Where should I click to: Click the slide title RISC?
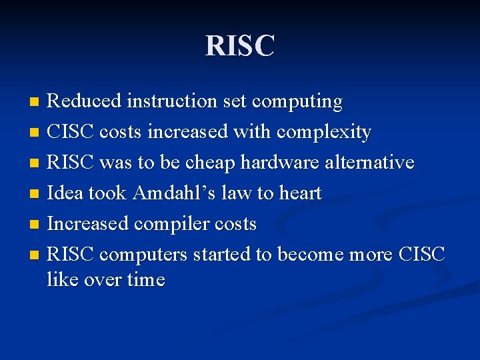pyautogui.click(x=240, y=46)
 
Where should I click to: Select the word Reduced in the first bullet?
pyautogui.click(x=85, y=101)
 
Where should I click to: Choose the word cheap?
pyautogui.click(x=211, y=163)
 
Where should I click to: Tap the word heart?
pyautogui.click(x=299, y=193)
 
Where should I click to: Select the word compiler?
pyautogui.click(x=176, y=224)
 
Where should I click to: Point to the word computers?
pyautogui.click(x=144, y=255)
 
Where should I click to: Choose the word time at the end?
pyautogui.click(x=145, y=279)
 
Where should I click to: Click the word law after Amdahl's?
pyautogui.click(x=237, y=193)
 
